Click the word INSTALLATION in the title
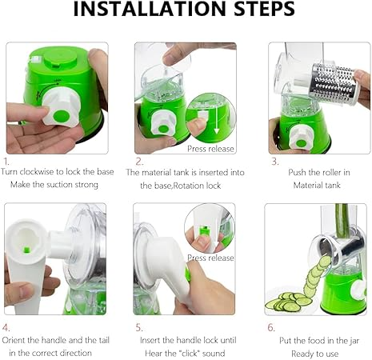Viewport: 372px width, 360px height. coord(150,9)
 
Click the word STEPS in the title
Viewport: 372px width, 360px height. coord(264,9)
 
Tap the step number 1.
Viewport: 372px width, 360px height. coord(6,162)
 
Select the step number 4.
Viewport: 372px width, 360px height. coord(6,328)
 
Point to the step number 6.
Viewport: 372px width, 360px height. coord(271,327)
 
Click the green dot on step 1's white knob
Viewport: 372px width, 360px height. coord(62,116)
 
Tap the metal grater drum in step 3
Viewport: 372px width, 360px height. coord(334,82)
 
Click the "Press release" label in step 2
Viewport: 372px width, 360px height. coord(210,149)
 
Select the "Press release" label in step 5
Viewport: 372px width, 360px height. coord(210,258)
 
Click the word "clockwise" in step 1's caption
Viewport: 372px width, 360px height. coord(38,171)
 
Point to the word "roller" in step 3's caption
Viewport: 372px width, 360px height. coord(329,172)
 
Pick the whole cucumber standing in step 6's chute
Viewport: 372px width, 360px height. coord(342,221)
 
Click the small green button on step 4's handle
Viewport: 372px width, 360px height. coord(26,250)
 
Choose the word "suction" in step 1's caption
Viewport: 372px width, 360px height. coord(62,185)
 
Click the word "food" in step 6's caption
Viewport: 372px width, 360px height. coord(316,341)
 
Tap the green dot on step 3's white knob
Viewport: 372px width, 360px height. coord(302,143)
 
